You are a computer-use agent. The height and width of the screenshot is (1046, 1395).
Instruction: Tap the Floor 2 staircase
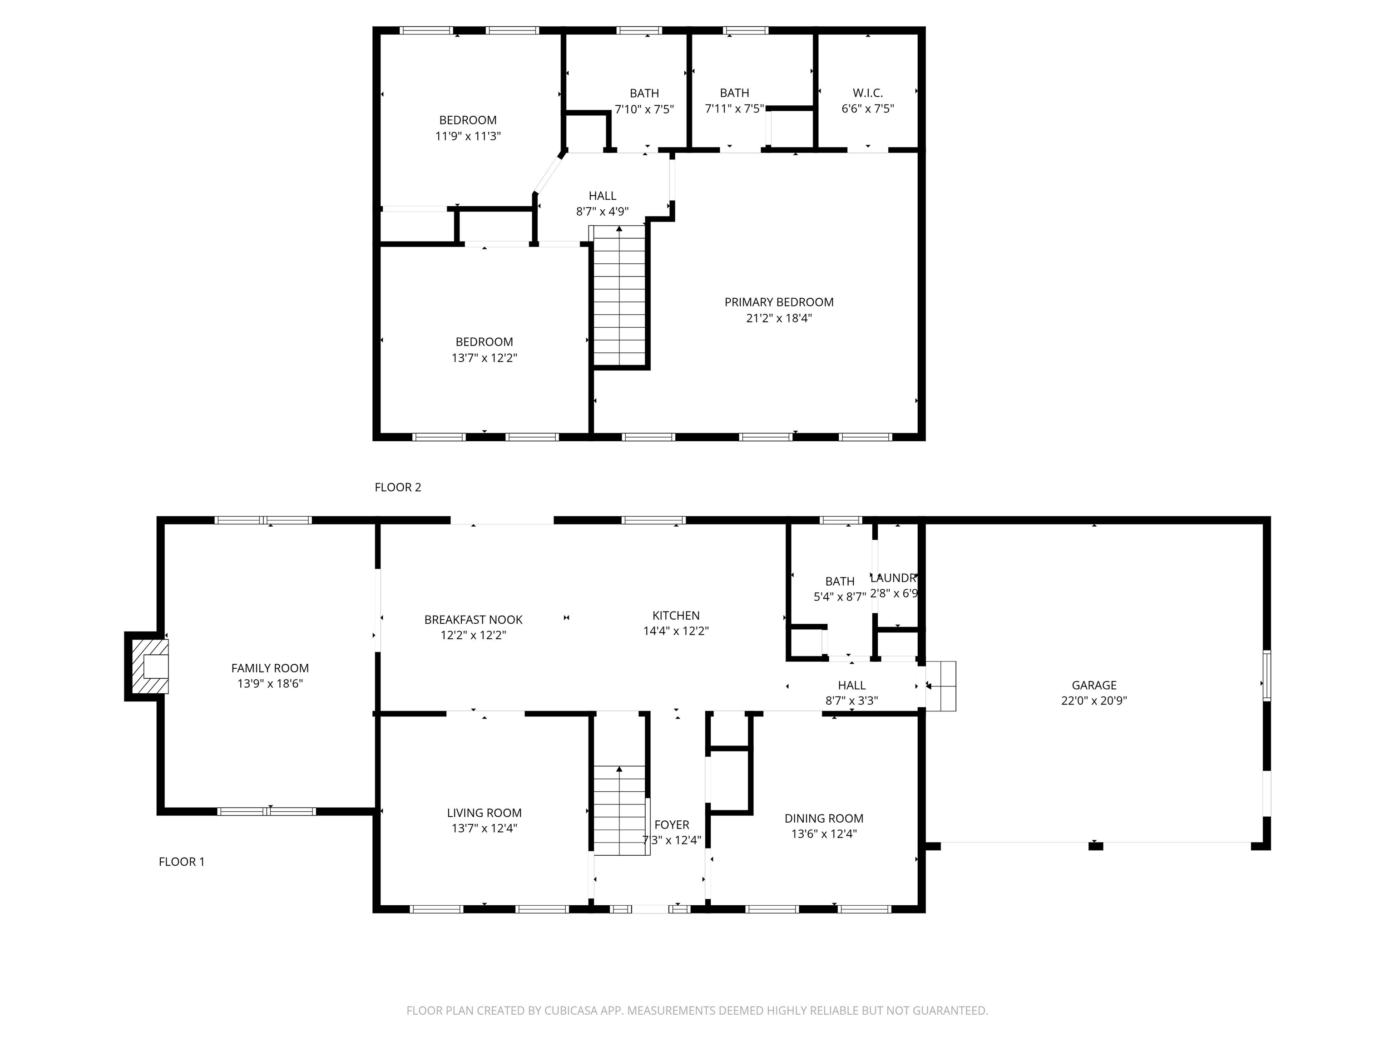pos(620,296)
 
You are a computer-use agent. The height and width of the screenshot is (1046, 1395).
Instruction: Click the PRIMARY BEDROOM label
pos(779,302)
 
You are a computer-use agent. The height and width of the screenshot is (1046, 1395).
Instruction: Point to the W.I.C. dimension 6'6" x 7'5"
pos(868,109)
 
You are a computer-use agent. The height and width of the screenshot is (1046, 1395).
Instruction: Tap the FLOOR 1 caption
pos(182,862)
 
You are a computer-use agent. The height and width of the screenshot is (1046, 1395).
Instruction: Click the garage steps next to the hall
pos(941,686)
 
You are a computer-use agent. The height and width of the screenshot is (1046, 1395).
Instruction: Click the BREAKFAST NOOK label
pos(473,620)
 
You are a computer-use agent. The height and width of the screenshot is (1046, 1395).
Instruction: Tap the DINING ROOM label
pos(824,819)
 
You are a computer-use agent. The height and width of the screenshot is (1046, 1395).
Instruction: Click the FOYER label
pos(672,825)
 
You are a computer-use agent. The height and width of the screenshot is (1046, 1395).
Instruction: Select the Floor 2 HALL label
pos(602,196)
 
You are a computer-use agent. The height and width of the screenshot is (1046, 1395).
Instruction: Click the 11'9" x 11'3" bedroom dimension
pos(468,136)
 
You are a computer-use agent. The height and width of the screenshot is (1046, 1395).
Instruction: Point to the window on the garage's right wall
pos(1266,675)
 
